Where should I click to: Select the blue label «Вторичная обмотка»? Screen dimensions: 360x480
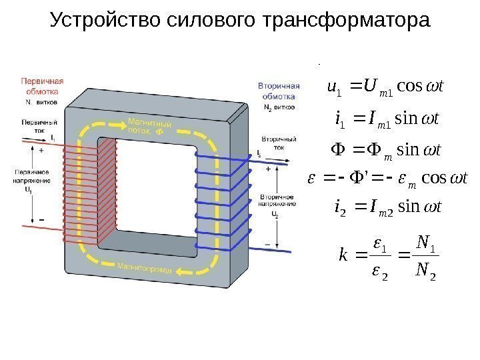point(279,92)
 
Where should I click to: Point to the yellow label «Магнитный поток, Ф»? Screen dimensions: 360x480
point(149,127)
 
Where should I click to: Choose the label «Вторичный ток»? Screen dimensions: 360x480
point(275,144)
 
